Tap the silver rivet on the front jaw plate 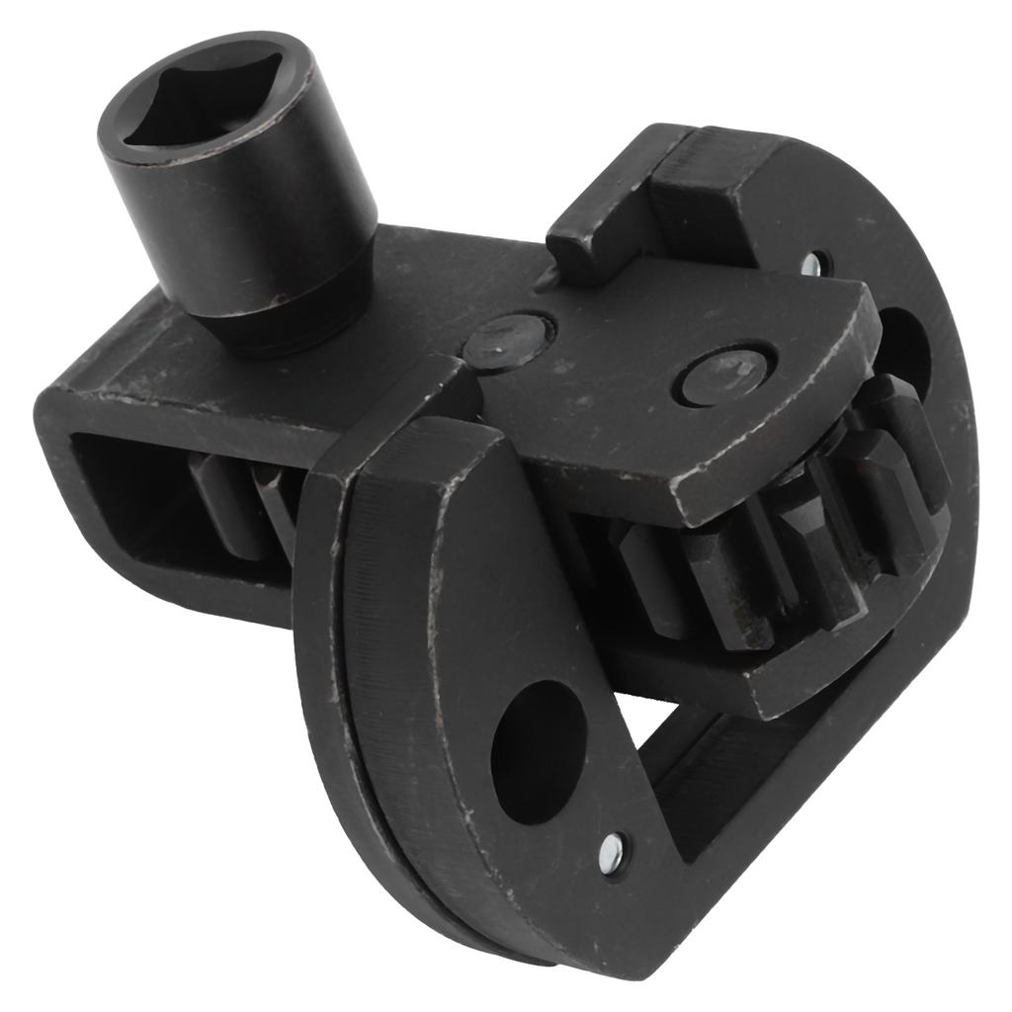coord(613,849)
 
